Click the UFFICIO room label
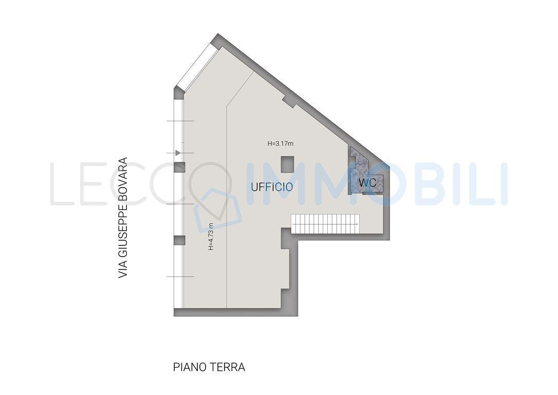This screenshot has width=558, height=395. pyautogui.click(x=272, y=187)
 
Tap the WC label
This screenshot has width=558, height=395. pyautogui.click(x=367, y=183)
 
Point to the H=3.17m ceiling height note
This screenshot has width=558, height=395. pyautogui.click(x=281, y=144)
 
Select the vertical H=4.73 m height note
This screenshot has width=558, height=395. pyautogui.click(x=211, y=236)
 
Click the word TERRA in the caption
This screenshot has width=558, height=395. pyautogui.click(x=228, y=367)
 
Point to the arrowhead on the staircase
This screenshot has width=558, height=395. pyautogui.click(x=357, y=224)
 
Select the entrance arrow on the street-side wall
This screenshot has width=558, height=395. pyautogui.click(x=178, y=153)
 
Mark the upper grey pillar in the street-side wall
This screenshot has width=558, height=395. pyautogui.click(x=180, y=167)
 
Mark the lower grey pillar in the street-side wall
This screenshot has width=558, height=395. pyautogui.click(x=180, y=240)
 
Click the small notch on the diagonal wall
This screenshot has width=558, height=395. pyautogui.click(x=289, y=101)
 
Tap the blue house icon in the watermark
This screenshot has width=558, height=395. pyautogui.click(x=218, y=209)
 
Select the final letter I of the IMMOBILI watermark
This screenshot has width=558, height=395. pyautogui.click(x=504, y=184)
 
